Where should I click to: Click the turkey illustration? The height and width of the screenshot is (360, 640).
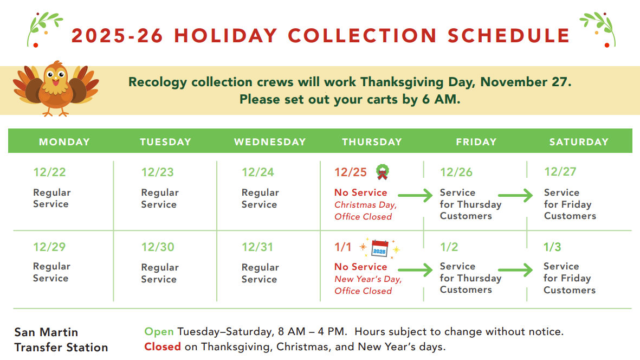(56, 88)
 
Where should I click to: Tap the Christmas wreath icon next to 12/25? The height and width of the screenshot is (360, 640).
(383, 172)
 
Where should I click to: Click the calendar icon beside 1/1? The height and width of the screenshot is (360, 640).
(379, 248)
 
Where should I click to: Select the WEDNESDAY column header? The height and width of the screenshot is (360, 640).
(270, 142)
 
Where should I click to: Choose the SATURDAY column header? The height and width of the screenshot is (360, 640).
(579, 142)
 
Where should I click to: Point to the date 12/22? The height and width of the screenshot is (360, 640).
(49, 172)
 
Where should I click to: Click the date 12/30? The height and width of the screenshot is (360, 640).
(158, 247)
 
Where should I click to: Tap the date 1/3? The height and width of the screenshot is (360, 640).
(552, 247)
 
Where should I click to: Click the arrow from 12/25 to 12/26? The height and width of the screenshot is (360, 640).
(415, 196)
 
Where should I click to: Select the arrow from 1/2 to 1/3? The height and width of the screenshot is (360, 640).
(515, 270)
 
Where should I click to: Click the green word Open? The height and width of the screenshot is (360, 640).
(159, 332)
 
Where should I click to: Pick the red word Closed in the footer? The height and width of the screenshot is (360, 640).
(163, 347)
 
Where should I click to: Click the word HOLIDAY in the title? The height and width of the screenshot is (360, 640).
(226, 35)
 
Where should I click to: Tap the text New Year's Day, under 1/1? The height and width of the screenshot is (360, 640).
(368, 279)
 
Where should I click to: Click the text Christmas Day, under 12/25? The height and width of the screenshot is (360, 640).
(366, 205)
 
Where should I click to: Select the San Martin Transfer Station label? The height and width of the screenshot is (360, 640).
(61, 339)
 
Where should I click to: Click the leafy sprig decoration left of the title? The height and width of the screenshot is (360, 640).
(44, 29)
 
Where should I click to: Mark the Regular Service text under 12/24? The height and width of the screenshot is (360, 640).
(260, 198)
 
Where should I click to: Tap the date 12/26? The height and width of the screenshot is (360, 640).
(456, 172)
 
